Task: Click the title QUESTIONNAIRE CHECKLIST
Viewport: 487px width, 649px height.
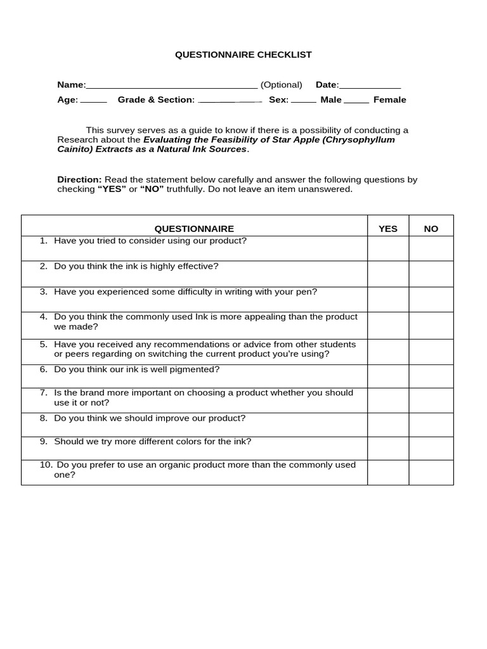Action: (x=243, y=55)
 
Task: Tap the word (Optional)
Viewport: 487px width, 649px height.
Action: (x=282, y=85)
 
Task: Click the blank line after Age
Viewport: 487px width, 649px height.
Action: (x=94, y=101)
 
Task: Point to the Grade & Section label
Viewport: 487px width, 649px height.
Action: (x=156, y=100)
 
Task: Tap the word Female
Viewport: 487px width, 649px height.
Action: (x=390, y=100)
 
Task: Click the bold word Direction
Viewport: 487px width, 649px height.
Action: (x=79, y=180)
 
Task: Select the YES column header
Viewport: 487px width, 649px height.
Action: (x=388, y=229)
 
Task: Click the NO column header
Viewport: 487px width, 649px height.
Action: (x=431, y=229)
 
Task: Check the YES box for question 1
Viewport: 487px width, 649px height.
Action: (x=388, y=248)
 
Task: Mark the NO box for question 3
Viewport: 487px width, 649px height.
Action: (x=431, y=299)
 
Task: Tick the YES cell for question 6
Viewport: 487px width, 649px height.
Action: (x=388, y=376)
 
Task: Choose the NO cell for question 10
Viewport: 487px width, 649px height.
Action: (x=431, y=472)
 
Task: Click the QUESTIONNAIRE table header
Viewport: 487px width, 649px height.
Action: (x=194, y=229)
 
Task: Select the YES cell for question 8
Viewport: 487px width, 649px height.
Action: (x=388, y=425)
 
